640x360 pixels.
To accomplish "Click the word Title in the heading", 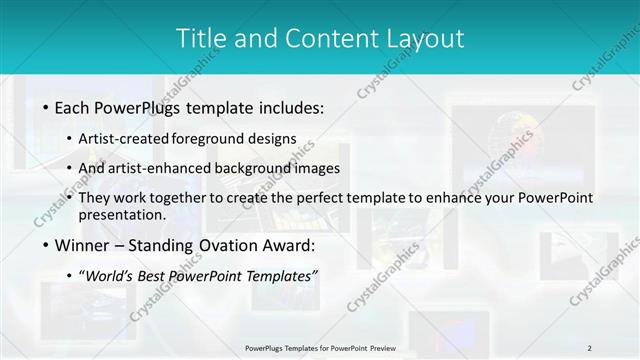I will tap(199, 38).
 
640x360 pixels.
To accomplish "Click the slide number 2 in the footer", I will tap(590, 347).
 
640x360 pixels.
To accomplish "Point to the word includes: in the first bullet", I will tap(289, 106).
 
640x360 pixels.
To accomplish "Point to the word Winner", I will tap(85, 245).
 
